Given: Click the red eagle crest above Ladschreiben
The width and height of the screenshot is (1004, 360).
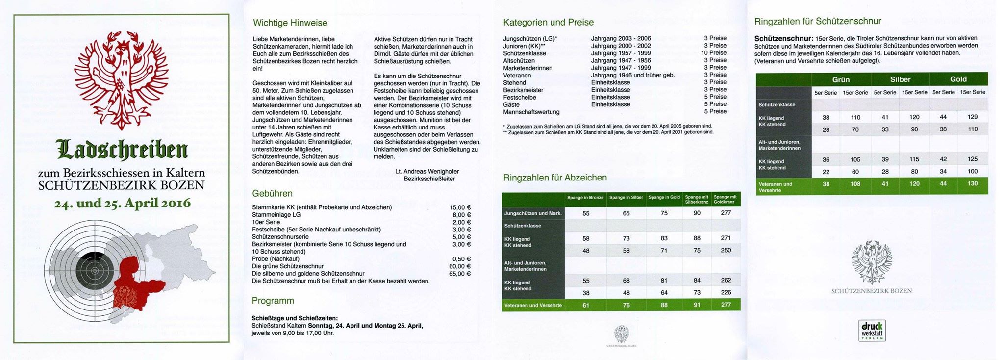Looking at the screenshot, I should tap(121, 74).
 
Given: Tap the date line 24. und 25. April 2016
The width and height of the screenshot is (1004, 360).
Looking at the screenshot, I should tap(122, 203).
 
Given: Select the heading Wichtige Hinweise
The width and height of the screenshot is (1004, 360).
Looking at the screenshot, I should tap(290, 23).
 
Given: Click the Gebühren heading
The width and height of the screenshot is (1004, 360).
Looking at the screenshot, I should tap(272, 194).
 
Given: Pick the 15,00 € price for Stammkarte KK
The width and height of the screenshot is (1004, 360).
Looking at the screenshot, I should tap(460, 207).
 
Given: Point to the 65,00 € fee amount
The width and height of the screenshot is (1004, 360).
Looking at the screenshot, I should tap(460, 274).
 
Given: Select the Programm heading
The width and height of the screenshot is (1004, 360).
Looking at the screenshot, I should tap(273, 301).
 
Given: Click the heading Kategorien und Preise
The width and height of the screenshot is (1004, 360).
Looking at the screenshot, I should tap(548, 22).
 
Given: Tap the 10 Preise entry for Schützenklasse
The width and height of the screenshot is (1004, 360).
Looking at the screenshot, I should tap(714, 53).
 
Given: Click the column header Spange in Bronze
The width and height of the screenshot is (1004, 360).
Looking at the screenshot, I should tap(585, 198).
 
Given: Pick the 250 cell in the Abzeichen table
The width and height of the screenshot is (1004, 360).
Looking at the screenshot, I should tap(726, 250).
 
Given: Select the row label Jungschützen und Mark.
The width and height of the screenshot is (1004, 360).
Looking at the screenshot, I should tap(533, 213).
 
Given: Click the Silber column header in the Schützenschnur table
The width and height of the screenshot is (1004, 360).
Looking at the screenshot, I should tap(900, 79).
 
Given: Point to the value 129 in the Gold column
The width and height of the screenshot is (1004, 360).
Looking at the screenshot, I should tap(972, 117).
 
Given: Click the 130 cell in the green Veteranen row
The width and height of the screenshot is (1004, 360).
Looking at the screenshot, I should tap(972, 184).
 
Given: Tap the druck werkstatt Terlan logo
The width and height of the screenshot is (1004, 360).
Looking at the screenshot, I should tap(872, 331).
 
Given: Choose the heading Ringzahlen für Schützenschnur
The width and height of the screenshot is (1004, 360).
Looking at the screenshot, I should tap(817, 21).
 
